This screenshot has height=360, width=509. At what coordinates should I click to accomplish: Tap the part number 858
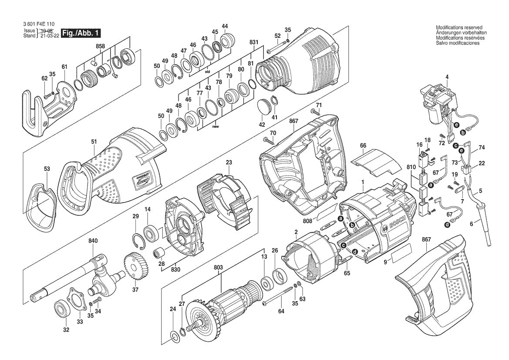[x=100, y=46]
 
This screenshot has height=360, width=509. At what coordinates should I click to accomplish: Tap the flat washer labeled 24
[x=176, y=335]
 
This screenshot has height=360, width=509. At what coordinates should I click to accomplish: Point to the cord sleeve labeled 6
[x=484, y=222]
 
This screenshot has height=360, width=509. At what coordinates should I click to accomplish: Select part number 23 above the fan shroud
[x=229, y=163]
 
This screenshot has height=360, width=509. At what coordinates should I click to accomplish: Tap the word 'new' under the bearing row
[x=215, y=127]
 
